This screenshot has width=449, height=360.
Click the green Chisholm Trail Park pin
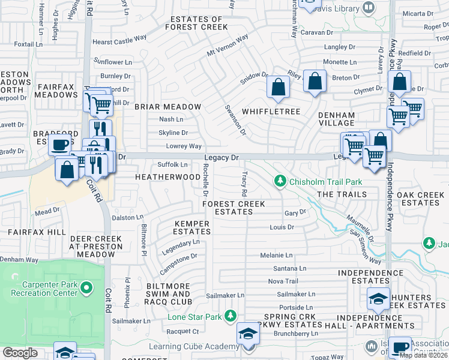click(279, 181)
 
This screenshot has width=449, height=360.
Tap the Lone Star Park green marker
click(229, 316)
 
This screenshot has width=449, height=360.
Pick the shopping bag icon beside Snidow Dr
click(278, 87)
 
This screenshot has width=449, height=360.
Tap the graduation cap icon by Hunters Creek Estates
click(377, 298)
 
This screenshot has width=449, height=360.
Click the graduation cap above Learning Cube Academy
click(247, 334)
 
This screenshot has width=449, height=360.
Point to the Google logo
click(20, 353)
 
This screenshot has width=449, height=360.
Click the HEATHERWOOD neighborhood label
click(167, 178)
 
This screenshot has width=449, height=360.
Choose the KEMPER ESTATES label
click(192, 228)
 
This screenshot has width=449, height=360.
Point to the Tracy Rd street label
click(244, 184)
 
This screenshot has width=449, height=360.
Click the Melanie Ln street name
click(276, 256)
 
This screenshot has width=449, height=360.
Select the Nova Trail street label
click(283, 281)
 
